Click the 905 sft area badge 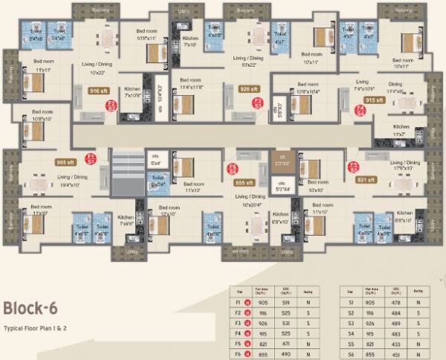pos(65,161)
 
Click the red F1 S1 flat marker pos(91,158)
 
